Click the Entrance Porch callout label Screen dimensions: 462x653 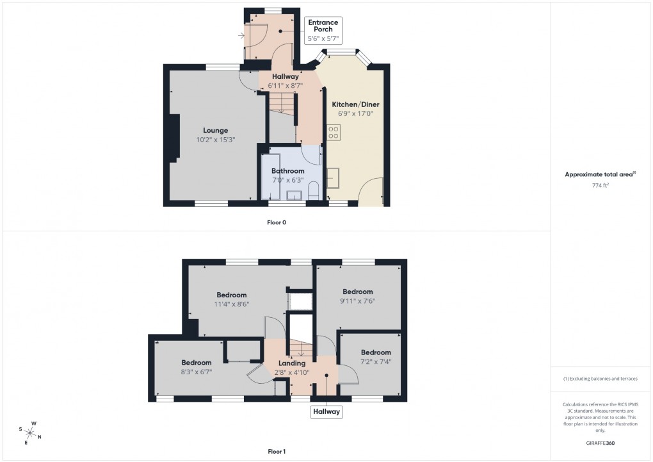[x=323, y=30]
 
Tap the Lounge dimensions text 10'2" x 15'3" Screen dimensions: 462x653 [x=216, y=140]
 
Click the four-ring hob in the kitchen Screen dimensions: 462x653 [x=334, y=132]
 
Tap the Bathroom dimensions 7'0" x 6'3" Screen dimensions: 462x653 [x=287, y=181]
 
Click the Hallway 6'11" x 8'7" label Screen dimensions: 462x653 [x=286, y=81]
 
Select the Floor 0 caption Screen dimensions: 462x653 [x=277, y=222]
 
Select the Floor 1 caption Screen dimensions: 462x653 [x=277, y=452]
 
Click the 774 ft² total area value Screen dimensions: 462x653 [x=599, y=185]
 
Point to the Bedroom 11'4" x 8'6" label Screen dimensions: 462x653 [x=231, y=300]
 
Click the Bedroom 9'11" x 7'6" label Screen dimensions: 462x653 [x=357, y=296]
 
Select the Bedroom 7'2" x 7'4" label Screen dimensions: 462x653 [x=375, y=357]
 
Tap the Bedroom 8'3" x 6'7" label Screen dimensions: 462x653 [x=196, y=367]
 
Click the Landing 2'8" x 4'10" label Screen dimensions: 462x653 [x=291, y=368]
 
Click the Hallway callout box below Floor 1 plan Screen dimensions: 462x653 [x=326, y=412]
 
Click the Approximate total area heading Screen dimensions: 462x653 [x=600, y=174]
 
